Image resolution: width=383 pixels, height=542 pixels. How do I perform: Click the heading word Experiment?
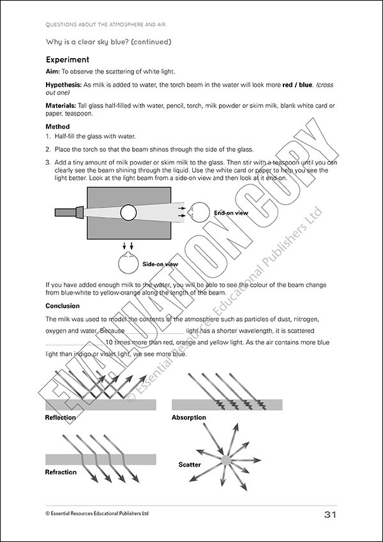coord(71,59)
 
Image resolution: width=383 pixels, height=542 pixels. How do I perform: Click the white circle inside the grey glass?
coord(128,212)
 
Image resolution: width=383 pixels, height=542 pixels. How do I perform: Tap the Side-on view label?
coord(160,264)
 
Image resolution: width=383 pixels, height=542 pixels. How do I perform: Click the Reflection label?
coord(61,418)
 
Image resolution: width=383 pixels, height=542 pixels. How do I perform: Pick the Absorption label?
coord(189,418)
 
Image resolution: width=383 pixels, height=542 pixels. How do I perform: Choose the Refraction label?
coord(61,472)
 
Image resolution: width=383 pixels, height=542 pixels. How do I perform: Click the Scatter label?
coord(190,465)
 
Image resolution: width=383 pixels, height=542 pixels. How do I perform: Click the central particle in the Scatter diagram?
coord(226,460)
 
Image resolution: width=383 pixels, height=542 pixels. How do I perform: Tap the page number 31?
coord(329,515)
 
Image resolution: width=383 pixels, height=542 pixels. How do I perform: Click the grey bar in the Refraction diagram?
coord(101,460)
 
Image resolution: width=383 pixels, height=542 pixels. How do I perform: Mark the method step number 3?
coord(48,162)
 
